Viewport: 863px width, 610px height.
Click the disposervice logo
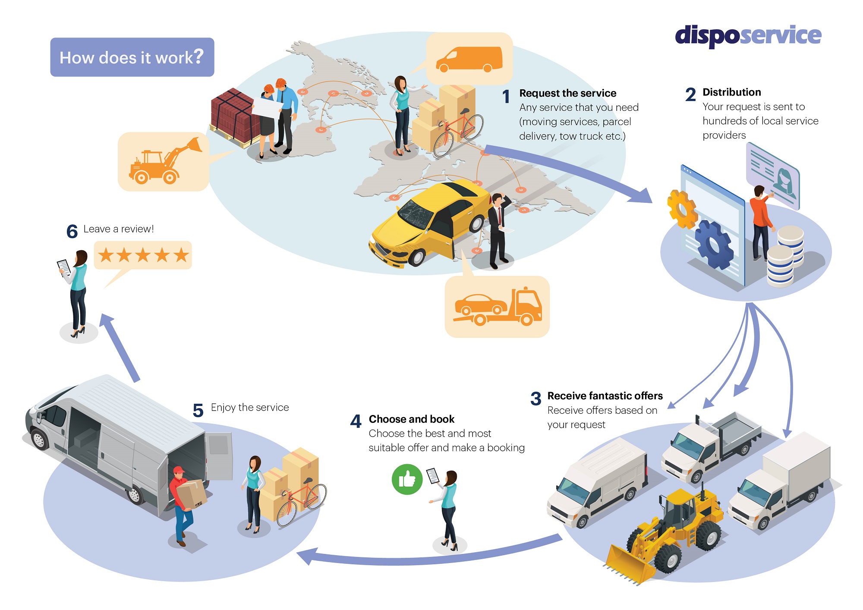tap(748, 35)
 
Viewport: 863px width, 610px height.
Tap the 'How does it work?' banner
tap(132, 57)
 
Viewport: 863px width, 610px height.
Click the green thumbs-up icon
tap(406, 479)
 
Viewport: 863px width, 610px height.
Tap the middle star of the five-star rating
tap(143, 255)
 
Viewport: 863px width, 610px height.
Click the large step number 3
tap(535, 399)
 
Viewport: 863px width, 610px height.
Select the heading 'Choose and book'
tap(411, 419)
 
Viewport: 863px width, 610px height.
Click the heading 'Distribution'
tap(731, 92)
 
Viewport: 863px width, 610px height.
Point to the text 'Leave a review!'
tap(118, 229)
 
